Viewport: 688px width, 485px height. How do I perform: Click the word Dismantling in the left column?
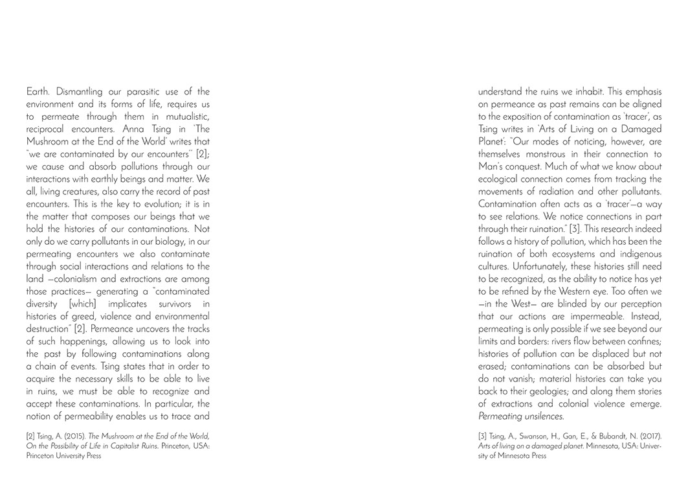pyautogui.click(x=82, y=92)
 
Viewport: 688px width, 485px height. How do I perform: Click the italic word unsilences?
pyautogui.click(x=544, y=416)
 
